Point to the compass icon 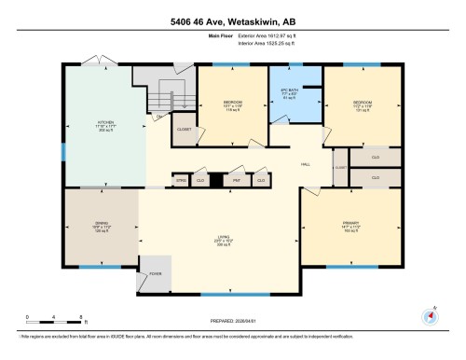tap(430, 314)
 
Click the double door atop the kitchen tap(93, 62)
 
